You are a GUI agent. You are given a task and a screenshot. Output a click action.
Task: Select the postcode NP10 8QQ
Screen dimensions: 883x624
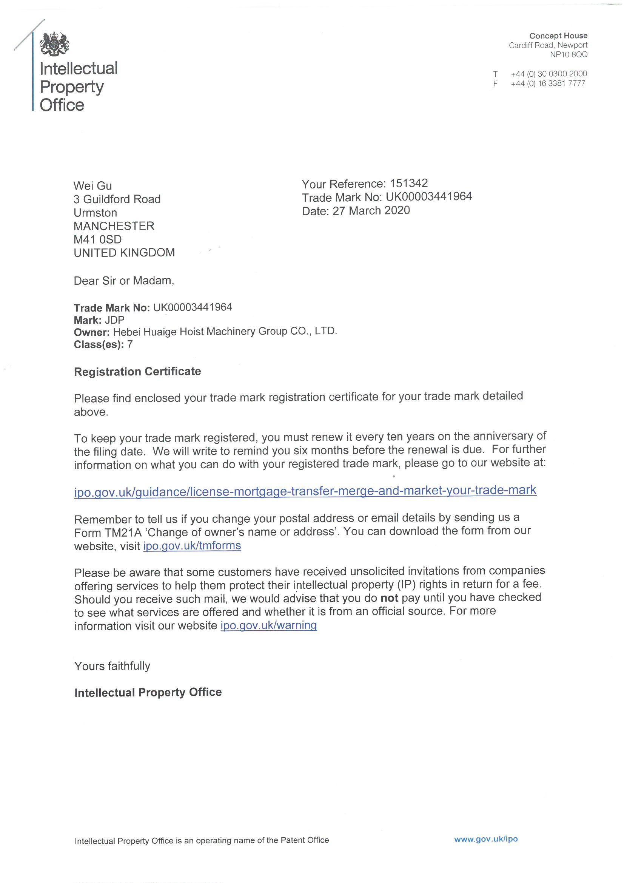(x=568, y=55)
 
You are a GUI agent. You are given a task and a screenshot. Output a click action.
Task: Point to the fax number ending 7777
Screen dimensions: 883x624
(x=548, y=83)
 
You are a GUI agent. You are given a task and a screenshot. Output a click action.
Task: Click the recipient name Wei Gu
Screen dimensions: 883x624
(x=92, y=186)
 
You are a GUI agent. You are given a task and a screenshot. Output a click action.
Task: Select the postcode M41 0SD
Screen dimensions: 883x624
(x=98, y=239)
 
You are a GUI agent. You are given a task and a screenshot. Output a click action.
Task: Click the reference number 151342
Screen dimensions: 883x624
(x=409, y=183)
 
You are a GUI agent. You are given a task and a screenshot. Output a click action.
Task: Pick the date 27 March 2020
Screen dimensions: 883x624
(x=371, y=210)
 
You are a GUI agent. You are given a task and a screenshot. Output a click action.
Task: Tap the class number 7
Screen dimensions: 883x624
(x=130, y=344)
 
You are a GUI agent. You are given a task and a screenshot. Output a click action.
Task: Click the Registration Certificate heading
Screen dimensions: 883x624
(x=137, y=372)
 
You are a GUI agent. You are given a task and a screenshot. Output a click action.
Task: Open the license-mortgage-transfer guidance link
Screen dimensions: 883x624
(x=305, y=491)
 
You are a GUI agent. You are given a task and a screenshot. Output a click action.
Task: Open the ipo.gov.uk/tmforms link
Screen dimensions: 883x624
(x=192, y=546)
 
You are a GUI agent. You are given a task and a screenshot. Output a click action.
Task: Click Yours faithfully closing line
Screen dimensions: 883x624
(x=112, y=666)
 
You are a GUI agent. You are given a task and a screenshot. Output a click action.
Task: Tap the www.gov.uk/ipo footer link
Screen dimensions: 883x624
(x=485, y=839)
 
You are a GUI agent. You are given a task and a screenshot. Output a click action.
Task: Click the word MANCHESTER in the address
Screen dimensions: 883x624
(x=114, y=226)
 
